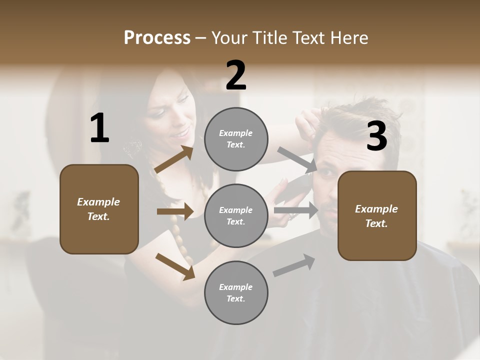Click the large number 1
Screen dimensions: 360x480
tap(99, 128)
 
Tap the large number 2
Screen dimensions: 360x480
tap(235, 75)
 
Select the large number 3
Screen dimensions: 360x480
tap(376, 136)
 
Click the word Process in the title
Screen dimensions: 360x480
tap(157, 38)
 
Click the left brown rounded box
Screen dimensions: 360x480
tap(99, 209)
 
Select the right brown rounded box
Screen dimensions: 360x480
tap(377, 215)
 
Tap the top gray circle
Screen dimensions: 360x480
tap(236, 139)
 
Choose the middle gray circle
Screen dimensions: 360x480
tap(236, 215)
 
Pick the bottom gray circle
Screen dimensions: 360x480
tap(236, 292)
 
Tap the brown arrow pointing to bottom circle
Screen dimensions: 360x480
tap(175, 266)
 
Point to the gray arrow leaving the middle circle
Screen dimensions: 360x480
tap(295, 210)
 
